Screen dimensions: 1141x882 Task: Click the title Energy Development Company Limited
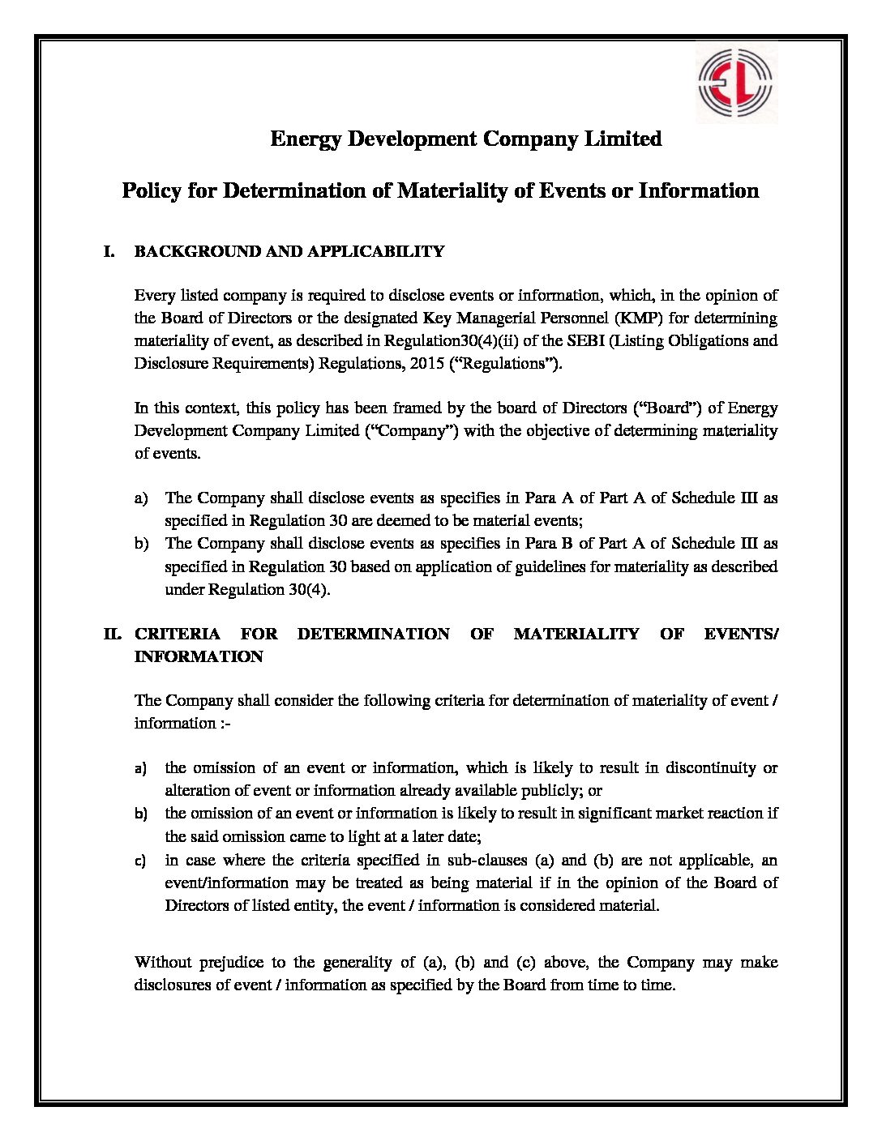point(465,139)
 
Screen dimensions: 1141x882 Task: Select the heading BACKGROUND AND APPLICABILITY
point(289,251)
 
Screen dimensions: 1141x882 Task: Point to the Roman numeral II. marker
point(112,634)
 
